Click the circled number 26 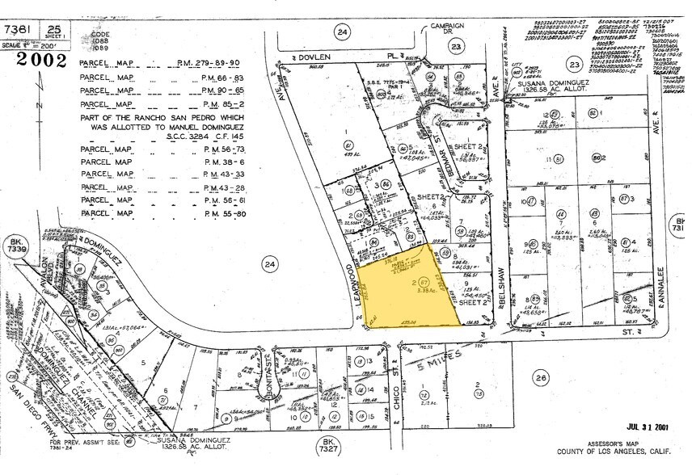pos(541,377)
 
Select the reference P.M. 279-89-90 pos(205,63)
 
